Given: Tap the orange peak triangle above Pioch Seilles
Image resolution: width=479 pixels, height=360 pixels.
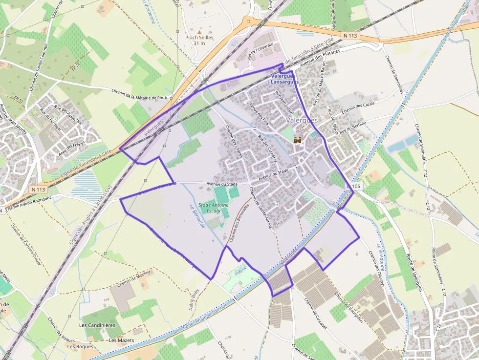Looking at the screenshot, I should [199, 31].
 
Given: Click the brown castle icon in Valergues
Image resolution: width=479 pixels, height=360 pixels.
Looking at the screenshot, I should [298, 140].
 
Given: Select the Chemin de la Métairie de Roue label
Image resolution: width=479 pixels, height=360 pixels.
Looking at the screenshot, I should [139, 94].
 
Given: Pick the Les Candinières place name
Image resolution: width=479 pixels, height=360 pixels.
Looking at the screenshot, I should [97, 325].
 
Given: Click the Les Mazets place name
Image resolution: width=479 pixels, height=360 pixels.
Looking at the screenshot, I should [121, 340].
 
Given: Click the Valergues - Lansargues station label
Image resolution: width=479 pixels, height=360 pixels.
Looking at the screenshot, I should [283, 79].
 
